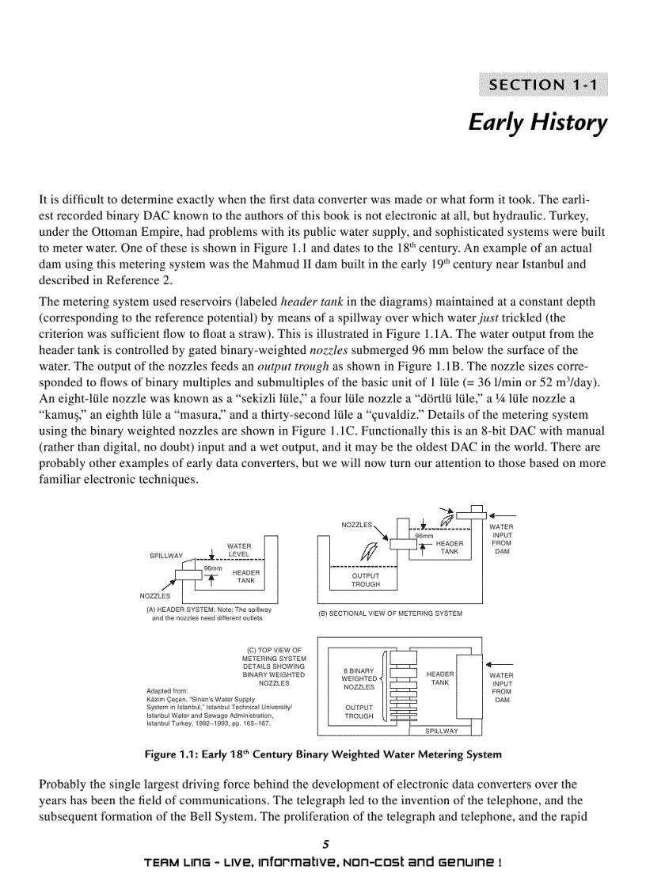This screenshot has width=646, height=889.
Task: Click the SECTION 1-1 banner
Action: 543,85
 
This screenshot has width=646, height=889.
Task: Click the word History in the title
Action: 568,123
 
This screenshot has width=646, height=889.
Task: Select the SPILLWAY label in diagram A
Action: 166,556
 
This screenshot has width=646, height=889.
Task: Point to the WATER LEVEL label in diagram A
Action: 239,550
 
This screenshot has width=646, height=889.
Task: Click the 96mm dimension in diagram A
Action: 213,568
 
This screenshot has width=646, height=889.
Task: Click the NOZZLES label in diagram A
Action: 155,595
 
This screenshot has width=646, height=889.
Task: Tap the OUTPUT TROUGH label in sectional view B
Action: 366,580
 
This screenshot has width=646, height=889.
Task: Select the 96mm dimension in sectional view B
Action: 424,536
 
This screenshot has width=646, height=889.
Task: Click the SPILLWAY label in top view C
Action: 442,731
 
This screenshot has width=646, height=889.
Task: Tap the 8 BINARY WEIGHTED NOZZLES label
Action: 359,678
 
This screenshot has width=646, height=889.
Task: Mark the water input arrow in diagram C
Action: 502,664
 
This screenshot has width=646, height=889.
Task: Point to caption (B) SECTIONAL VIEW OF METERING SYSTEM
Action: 390,614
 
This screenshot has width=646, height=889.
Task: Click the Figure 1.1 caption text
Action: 323,754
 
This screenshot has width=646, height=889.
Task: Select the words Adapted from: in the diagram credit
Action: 168,691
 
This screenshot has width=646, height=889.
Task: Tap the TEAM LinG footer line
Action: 323,862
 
